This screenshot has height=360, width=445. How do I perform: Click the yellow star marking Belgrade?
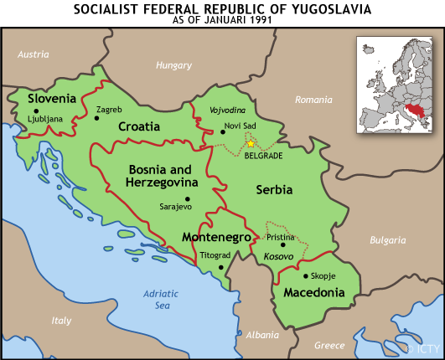click(x=250, y=144)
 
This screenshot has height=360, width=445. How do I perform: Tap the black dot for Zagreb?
click(x=97, y=118)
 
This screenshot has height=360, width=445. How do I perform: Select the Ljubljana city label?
click(x=45, y=119)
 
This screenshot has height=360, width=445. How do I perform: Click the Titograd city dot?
click(x=220, y=267)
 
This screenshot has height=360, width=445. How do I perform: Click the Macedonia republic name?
click(x=314, y=293)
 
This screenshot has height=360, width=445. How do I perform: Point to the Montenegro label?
click(x=216, y=238)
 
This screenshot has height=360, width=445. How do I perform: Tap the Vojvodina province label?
click(x=226, y=110)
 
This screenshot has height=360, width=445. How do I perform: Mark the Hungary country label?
click(x=173, y=64)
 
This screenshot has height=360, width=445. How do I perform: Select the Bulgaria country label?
click(x=387, y=240)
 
